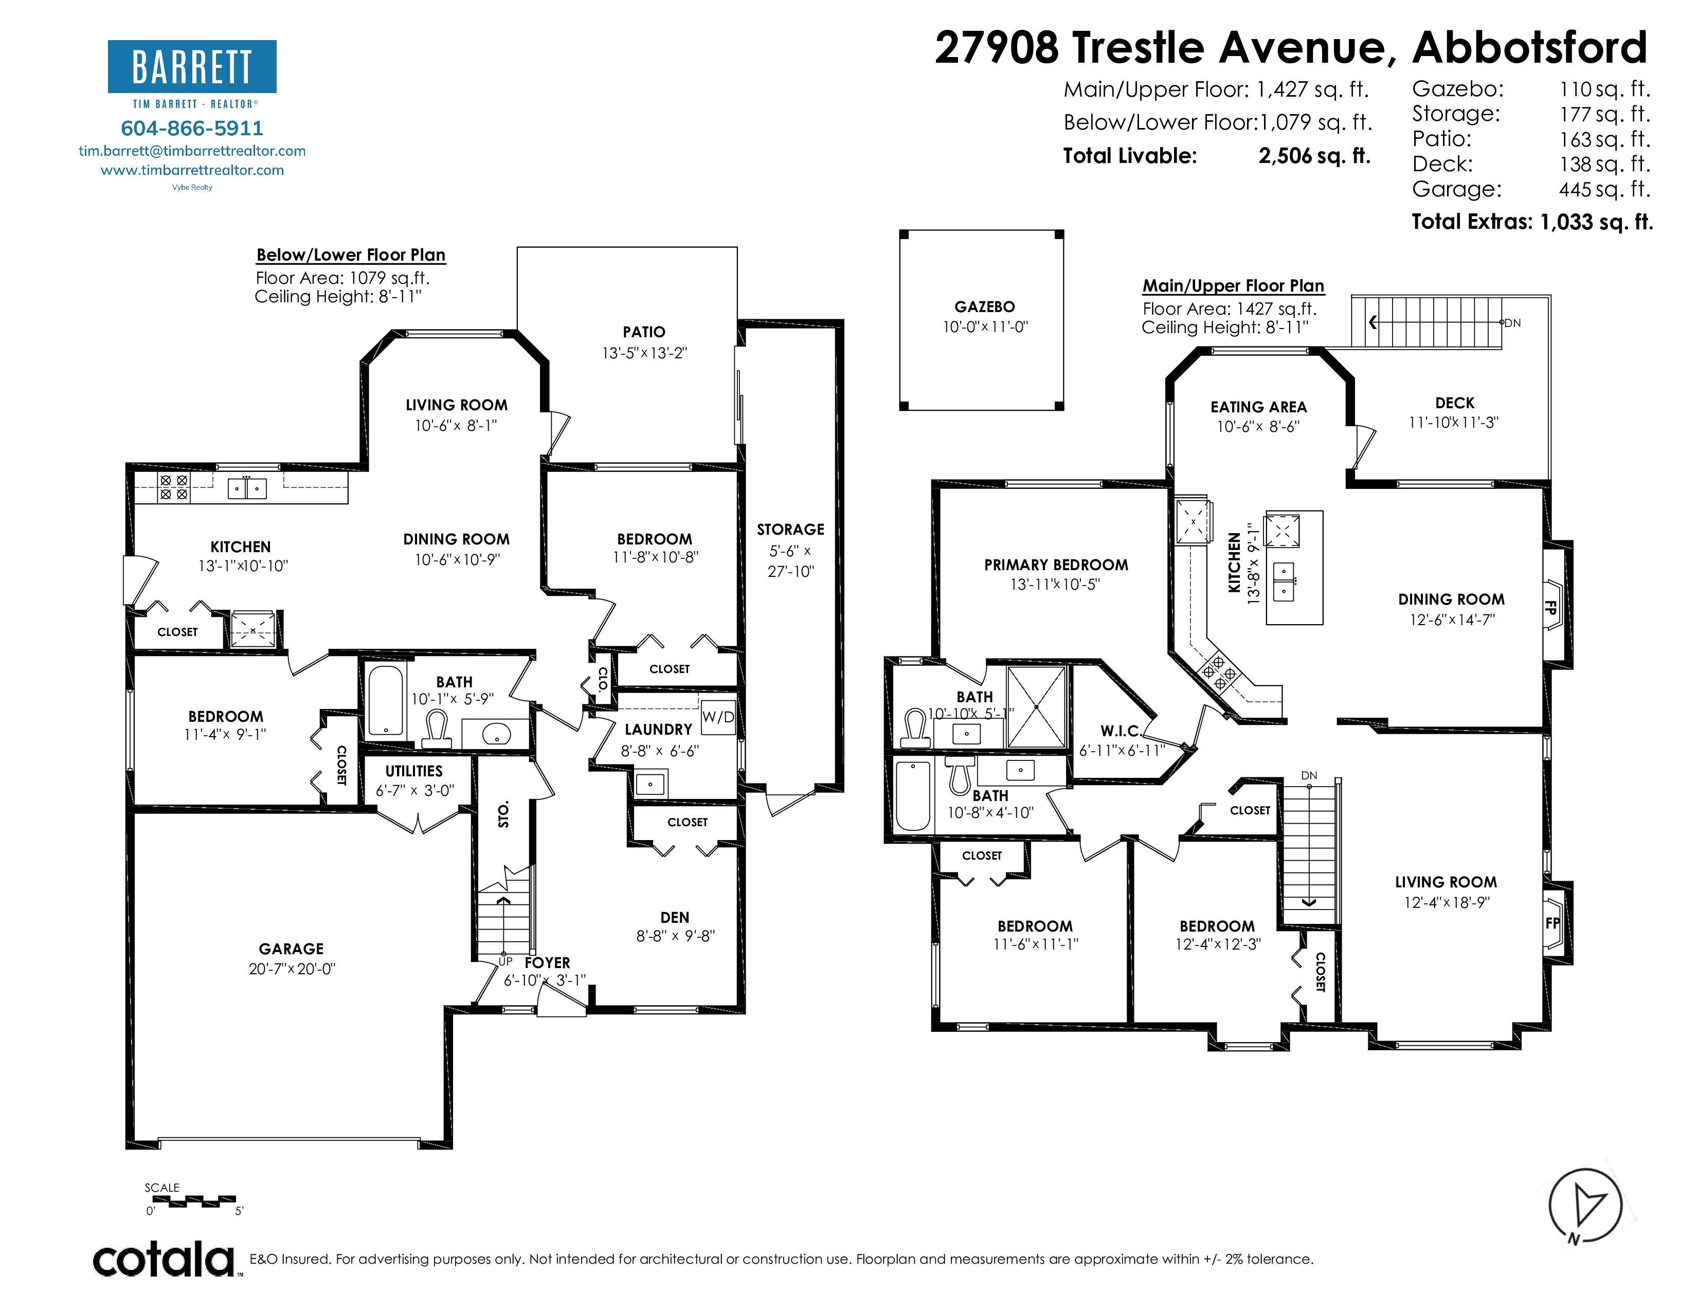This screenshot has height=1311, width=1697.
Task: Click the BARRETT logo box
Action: pyautogui.click(x=192, y=67)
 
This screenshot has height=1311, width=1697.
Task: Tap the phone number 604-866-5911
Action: pyautogui.click(x=192, y=128)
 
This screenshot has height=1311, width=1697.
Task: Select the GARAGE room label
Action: pyautogui.click(x=292, y=949)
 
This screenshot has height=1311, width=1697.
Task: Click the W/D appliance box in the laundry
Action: pyautogui.click(x=717, y=717)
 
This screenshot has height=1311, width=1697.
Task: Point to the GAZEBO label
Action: pyautogui.click(x=984, y=307)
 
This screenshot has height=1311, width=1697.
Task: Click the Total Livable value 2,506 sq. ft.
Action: pyautogui.click(x=1314, y=156)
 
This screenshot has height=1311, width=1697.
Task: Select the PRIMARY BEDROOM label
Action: pyautogui.click(x=1056, y=565)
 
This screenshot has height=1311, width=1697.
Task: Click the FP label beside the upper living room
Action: pyautogui.click(x=1551, y=923)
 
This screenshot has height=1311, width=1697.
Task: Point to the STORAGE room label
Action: pyautogui.click(x=790, y=529)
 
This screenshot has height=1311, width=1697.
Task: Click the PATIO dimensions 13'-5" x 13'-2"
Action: pyautogui.click(x=644, y=353)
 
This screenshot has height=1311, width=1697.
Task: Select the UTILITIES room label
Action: pyautogui.click(x=414, y=771)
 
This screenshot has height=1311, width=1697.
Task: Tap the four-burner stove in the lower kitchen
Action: pyautogui.click(x=173, y=487)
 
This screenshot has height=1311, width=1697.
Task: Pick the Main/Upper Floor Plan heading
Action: pyautogui.click(x=1233, y=286)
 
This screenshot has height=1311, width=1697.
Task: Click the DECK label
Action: pyautogui.click(x=1455, y=403)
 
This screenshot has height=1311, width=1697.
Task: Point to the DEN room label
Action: pyautogui.click(x=675, y=917)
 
